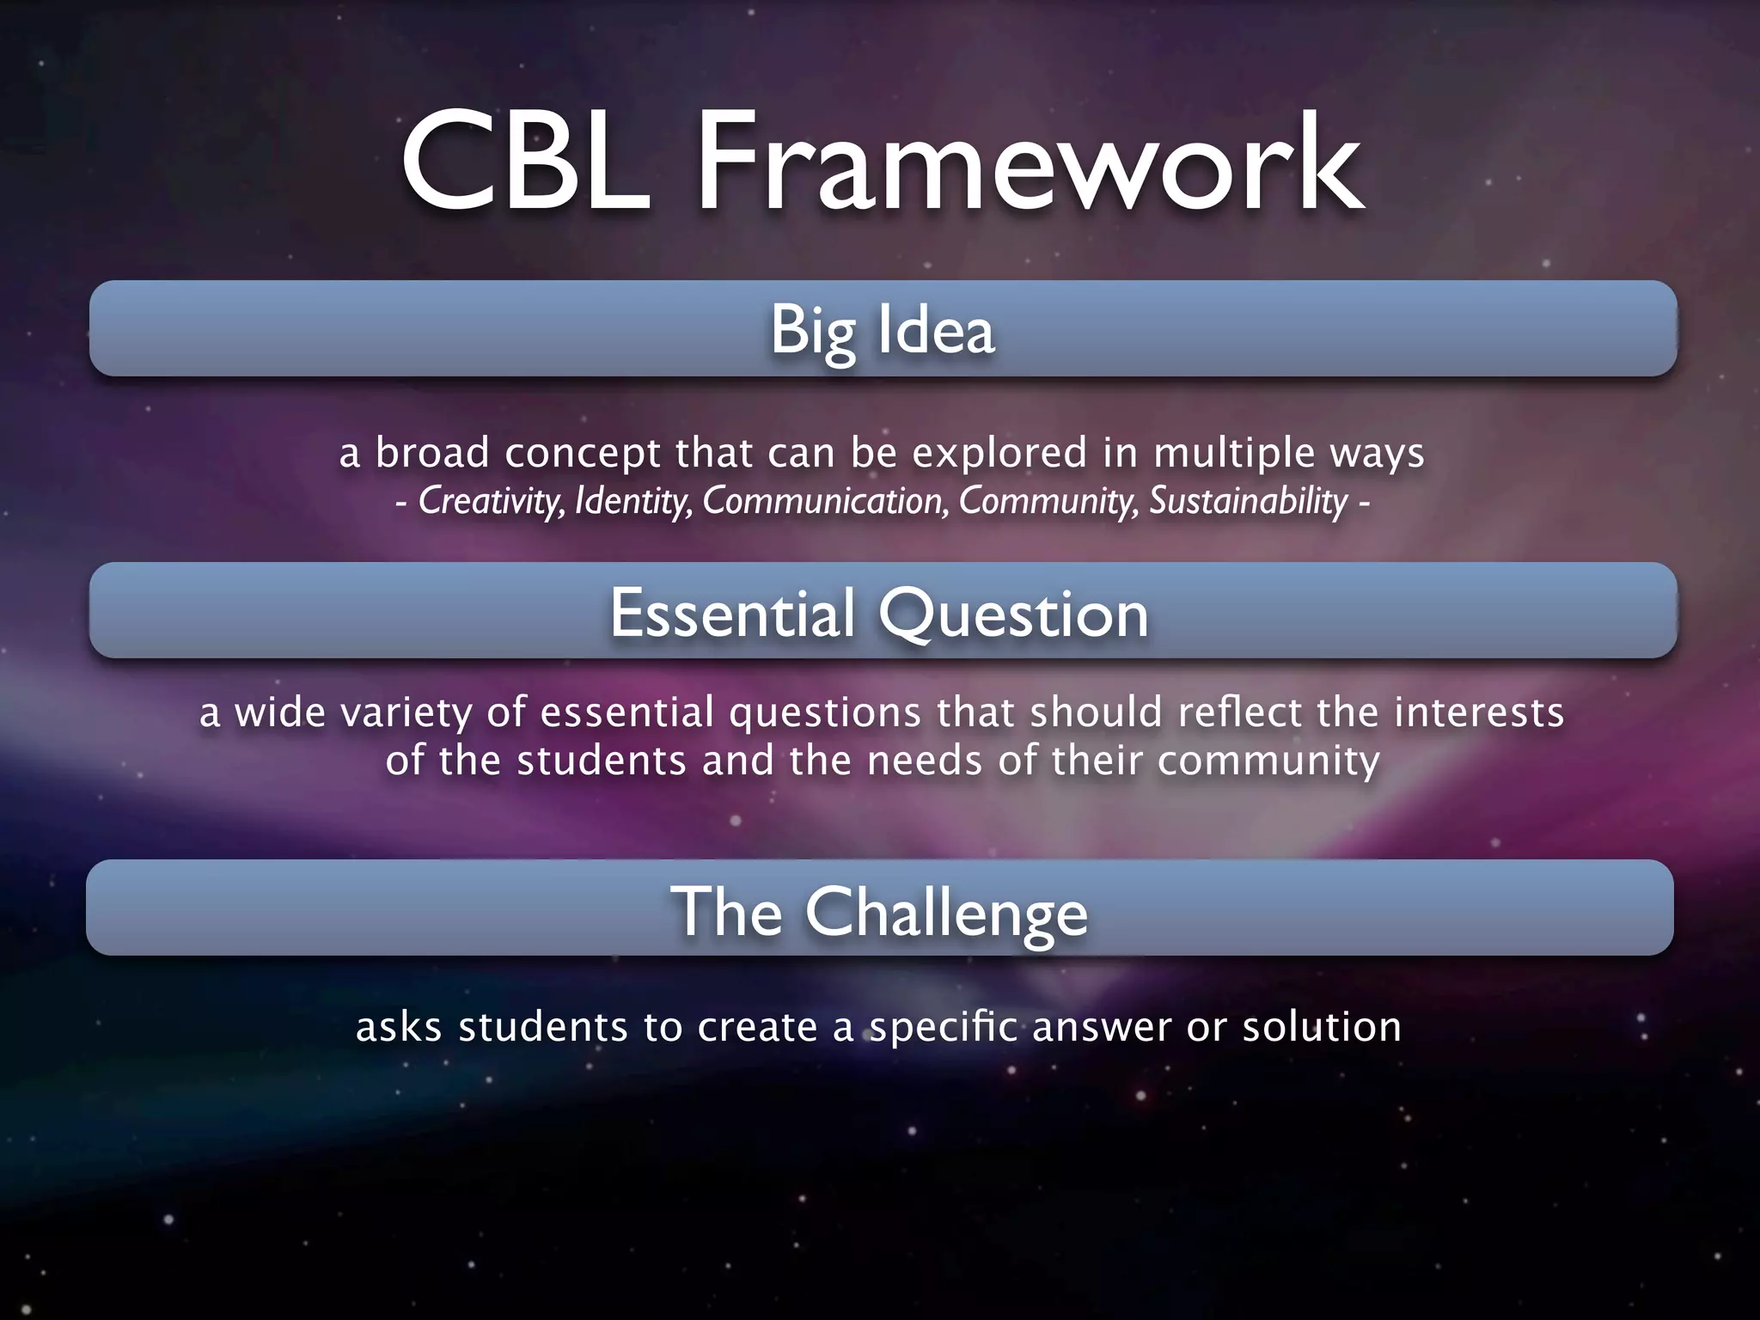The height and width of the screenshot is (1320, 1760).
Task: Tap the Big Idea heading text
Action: coord(882,329)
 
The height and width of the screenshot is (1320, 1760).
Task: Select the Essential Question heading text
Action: coord(879,614)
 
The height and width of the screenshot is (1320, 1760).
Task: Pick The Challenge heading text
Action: coord(879,912)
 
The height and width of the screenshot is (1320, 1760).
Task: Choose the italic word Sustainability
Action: coord(1249,501)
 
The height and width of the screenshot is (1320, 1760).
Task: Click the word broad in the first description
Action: coord(432,453)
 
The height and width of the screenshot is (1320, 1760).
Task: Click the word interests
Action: coord(1478,712)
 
